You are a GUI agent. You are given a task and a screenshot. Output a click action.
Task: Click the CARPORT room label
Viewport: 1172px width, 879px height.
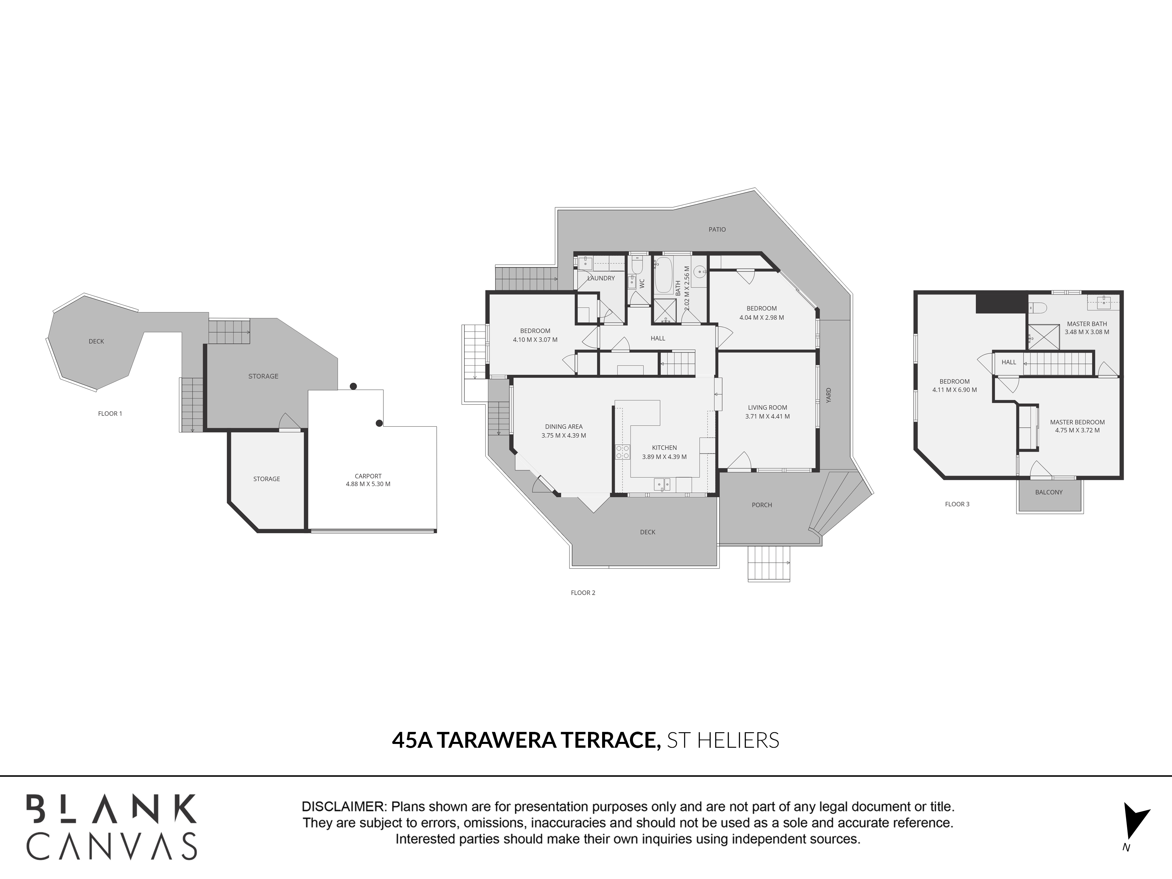[368, 476]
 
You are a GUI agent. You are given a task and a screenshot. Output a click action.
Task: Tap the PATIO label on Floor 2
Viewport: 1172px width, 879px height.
[717, 229]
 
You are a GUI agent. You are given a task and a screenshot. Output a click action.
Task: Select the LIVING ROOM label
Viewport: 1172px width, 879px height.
[767, 408]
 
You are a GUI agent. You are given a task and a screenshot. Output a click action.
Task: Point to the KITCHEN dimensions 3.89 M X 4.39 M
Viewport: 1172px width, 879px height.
[665, 457]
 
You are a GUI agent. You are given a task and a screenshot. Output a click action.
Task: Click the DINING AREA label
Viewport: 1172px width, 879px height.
[564, 427]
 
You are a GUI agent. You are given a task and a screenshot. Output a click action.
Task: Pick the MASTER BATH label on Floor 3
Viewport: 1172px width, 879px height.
[1087, 324]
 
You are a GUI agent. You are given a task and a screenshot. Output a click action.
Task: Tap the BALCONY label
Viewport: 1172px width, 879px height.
[1049, 492]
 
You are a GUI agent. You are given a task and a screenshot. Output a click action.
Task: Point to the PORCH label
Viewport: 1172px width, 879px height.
[762, 505]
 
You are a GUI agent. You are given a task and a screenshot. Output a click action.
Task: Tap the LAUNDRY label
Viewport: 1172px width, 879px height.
[601, 278]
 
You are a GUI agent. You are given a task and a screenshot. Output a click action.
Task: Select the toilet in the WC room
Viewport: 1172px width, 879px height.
[637, 265]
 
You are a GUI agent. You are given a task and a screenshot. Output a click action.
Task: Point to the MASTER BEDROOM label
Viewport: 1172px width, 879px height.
[1077, 422]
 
